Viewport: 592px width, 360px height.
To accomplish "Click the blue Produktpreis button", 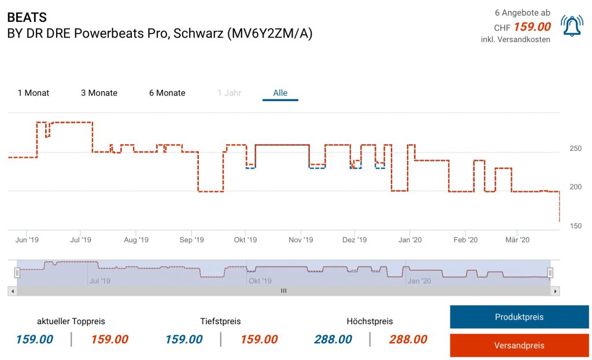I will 519,317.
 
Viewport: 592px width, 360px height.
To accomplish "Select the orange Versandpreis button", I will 519,346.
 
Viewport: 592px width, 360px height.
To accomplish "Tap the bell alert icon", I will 572,27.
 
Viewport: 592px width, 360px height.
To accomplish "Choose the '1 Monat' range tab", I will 34,93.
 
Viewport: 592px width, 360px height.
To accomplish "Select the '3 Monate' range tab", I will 99,93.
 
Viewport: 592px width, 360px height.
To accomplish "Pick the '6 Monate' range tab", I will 167,93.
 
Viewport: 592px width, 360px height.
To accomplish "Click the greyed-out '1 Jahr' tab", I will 230,93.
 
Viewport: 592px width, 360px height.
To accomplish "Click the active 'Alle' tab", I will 280,93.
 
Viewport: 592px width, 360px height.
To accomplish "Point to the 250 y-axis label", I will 575,149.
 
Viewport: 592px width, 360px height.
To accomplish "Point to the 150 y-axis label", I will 575,226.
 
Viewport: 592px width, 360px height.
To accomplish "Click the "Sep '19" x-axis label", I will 191,240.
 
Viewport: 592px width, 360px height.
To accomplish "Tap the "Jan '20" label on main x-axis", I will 410,240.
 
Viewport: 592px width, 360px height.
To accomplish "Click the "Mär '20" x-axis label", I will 517,240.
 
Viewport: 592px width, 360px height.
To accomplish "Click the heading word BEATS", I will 27,17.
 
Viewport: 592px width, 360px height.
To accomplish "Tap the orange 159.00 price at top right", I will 532,27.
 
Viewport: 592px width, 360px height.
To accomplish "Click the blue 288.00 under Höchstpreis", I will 333,340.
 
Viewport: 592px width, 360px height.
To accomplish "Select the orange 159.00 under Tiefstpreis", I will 259,340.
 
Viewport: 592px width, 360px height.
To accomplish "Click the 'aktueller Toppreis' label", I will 71,321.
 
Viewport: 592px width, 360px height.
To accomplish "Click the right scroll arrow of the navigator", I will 556,291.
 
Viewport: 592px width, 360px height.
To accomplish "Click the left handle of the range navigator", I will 17,272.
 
